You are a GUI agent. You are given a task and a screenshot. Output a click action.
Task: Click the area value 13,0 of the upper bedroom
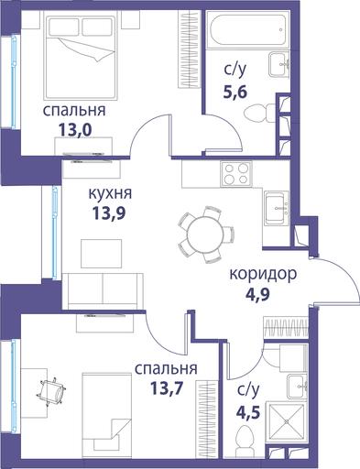75,130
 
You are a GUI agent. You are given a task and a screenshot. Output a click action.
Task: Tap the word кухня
110,194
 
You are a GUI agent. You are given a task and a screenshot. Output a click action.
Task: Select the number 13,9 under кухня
109,213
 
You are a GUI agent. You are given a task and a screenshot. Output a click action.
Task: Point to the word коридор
263,275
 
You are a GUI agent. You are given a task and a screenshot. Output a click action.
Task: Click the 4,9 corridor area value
257,295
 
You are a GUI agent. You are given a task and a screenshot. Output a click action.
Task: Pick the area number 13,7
167,388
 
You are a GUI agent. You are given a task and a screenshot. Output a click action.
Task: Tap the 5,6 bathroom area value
235,92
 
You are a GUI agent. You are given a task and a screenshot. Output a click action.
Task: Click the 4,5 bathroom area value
248,412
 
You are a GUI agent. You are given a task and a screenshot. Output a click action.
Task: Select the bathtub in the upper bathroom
247,29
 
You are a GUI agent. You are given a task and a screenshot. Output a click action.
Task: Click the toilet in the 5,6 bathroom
260,113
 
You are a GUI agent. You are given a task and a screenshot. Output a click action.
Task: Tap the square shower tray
287,421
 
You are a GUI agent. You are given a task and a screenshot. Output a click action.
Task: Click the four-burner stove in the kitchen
236,173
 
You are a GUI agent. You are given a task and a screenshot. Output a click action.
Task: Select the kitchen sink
277,208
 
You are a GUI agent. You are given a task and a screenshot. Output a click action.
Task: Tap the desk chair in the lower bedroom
51,392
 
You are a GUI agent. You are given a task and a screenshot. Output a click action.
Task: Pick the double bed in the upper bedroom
81,56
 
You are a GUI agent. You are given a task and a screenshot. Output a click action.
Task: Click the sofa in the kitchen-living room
103,291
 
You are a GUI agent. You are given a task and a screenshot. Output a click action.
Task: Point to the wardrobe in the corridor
286,328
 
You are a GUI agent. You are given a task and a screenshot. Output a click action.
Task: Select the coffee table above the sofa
101,254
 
